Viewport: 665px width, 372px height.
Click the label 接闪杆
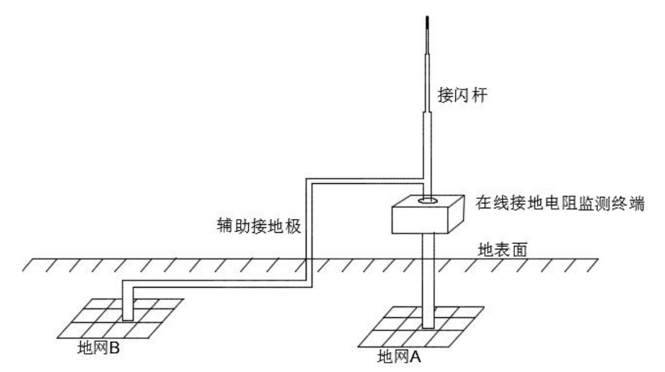(x=459, y=94)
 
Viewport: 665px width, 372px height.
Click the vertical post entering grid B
(x=128, y=303)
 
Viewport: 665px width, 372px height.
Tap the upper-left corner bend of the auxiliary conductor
(x=307, y=179)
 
